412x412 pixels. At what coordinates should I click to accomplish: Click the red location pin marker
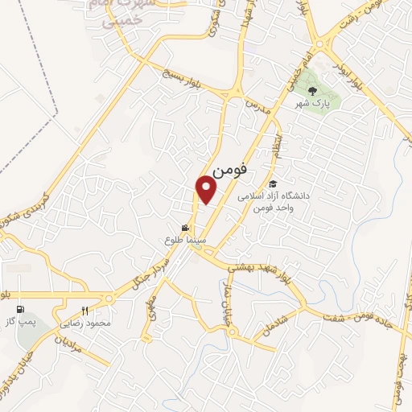pyautogui.click(x=207, y=189)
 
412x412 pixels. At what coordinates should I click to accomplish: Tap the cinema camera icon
pyautogui.click(x=187, y=228)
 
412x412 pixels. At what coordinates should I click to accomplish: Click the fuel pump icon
pyautogui.click(x=19, y=309)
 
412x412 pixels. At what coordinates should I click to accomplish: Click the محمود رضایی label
pyautogui.click(x=85, y=323)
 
